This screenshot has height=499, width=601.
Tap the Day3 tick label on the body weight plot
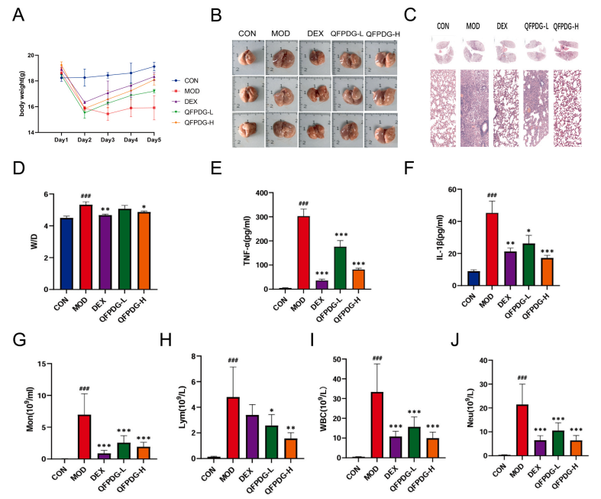click(x=107, y=141)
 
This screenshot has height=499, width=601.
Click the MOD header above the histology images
click(x=474, y=24)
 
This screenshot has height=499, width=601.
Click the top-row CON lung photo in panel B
click(x=247, y=57)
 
